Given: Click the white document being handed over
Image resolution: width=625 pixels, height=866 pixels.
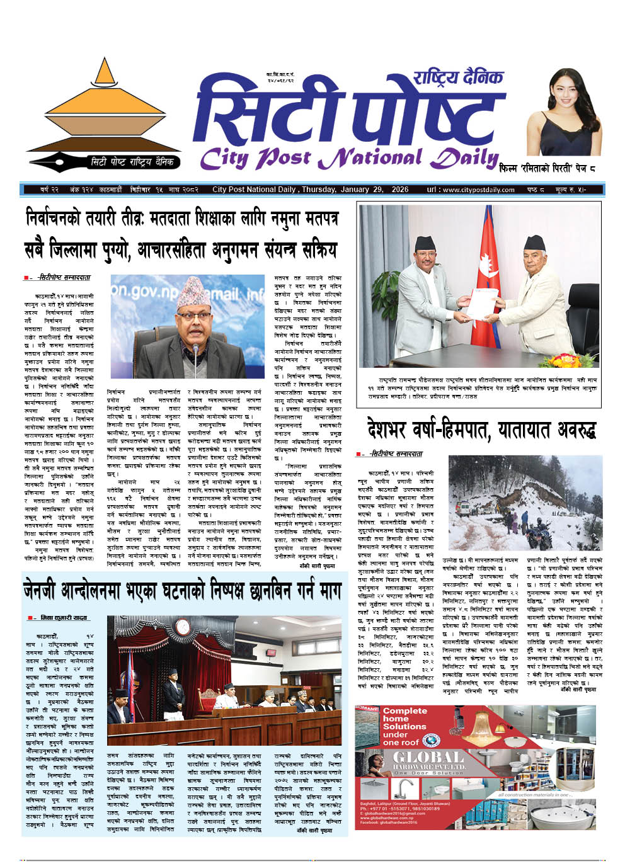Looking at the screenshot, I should [x=481, y=304].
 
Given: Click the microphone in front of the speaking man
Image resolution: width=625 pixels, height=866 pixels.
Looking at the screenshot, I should [x=195, y=353].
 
